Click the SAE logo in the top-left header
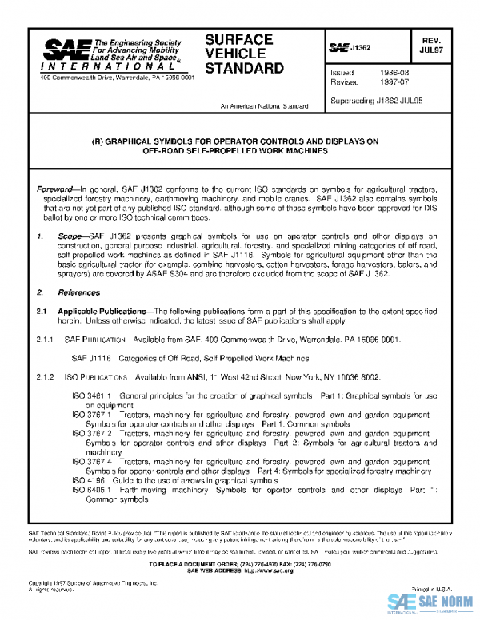point(64,50)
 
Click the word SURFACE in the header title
point(238,39)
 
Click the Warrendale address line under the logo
point(116,87)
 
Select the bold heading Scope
point(70,236)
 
